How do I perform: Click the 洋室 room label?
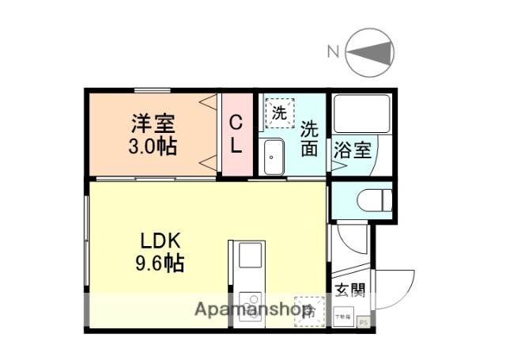click(x=153, y=123)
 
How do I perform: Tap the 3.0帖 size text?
click(x=153, y=146)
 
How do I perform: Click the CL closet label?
click(x=236, y=135)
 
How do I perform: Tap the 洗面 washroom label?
click(x=309, y=136)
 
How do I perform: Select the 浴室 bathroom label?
click(x=352, y=149)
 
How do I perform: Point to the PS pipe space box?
click(x=364, y=323)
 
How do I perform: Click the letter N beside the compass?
click(x=334, y=53)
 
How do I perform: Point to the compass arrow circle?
click(x=370, y=53)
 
